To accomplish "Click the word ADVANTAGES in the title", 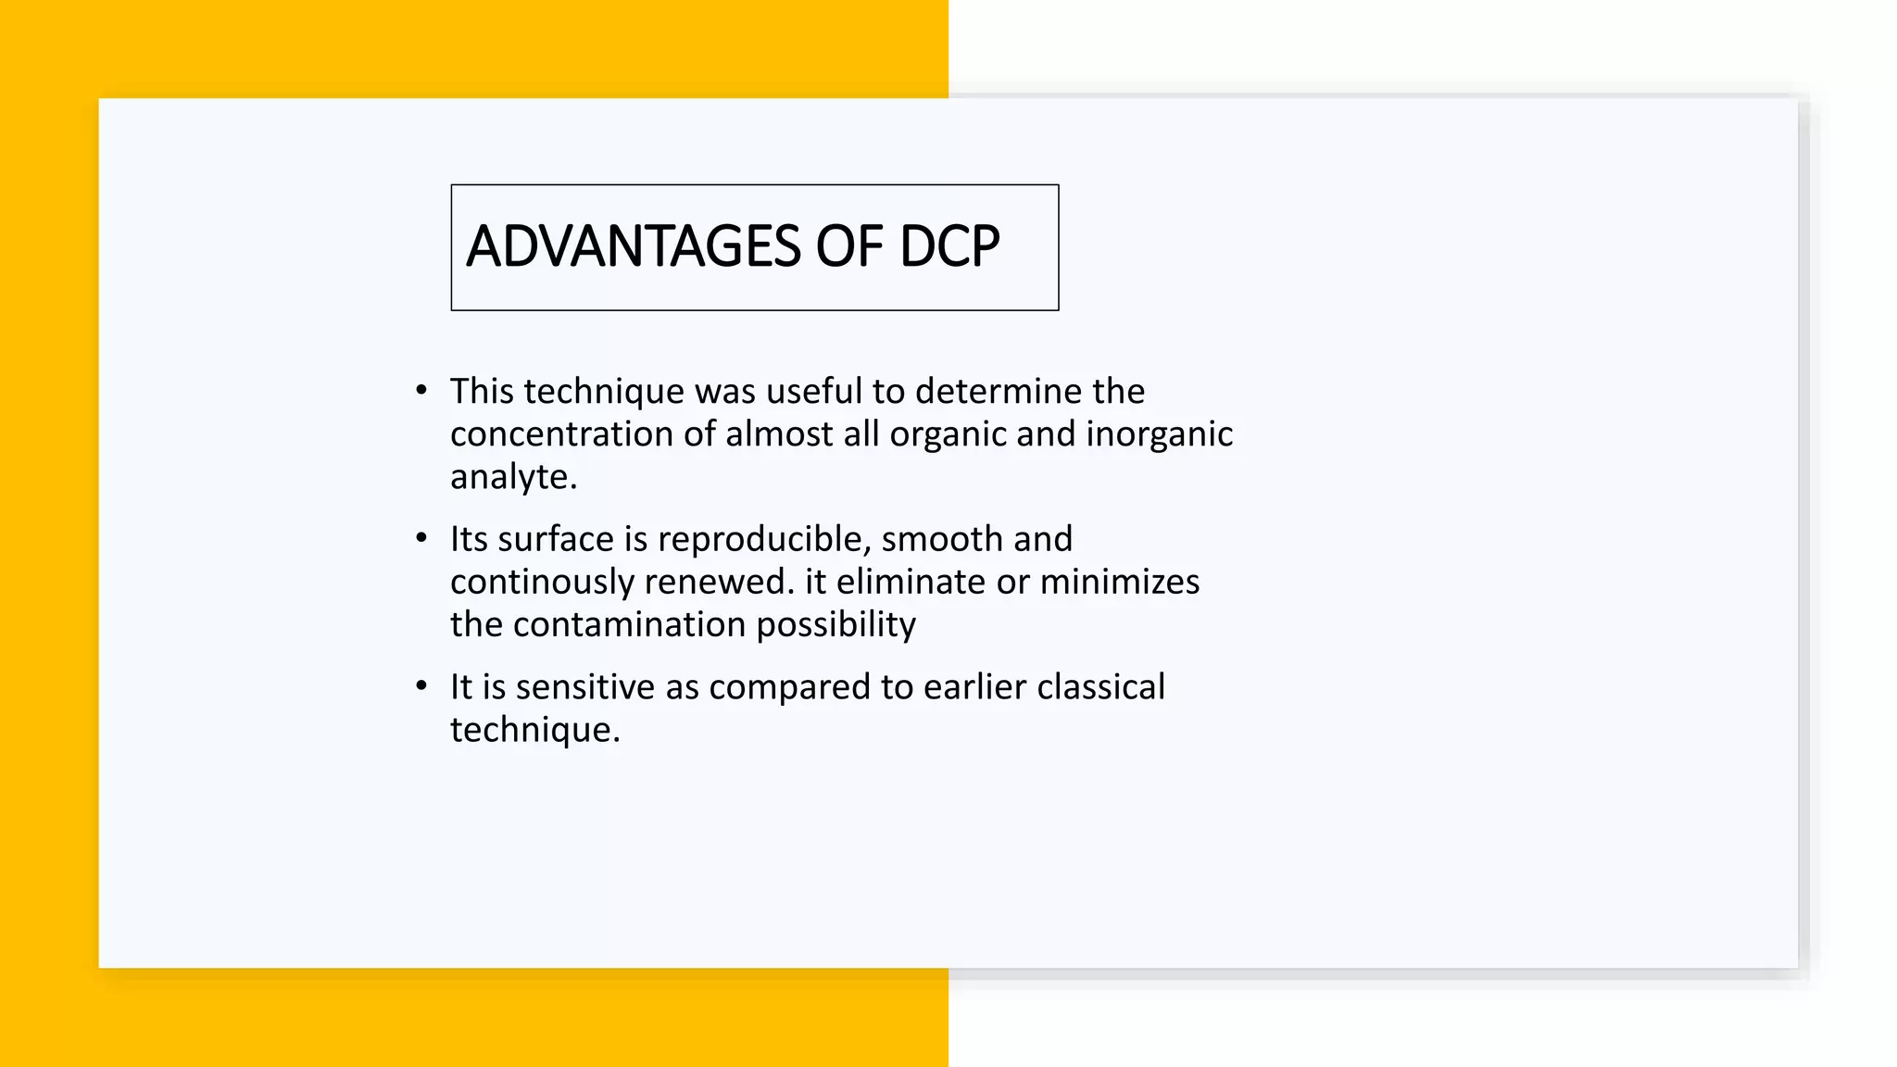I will pos(633,247).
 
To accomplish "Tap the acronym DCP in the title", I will pos(949,247).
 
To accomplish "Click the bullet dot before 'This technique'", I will pos(421,390).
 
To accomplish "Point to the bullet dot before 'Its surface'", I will pos(421,538).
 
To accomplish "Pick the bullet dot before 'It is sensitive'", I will pos(421,686).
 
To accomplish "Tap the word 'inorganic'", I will pos(1159,434).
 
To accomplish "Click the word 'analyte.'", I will pos(513,478).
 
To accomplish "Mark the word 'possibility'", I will pos(835,625).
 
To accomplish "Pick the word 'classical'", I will pos(1100,687).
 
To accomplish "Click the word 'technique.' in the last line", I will pos(534,731).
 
